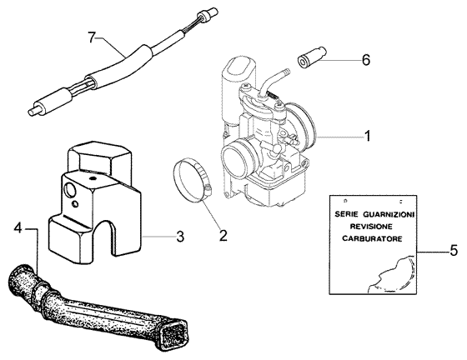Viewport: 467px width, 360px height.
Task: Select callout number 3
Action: [x=180, y=237]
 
